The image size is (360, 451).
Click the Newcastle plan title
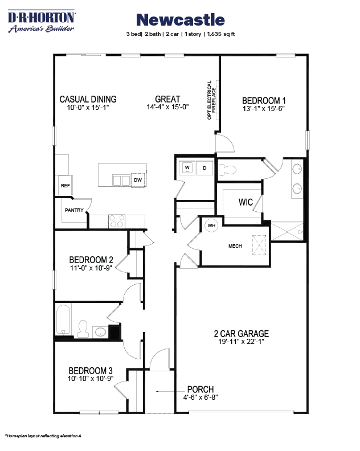(181, 20)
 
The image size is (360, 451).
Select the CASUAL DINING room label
(88, 99)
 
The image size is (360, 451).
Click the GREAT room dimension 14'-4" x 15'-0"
(167, 106)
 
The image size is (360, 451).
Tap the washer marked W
(187, 167)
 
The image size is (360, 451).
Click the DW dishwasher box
(137, 180)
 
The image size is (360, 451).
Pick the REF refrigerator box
(64, 186)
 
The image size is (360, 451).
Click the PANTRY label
(74, 210)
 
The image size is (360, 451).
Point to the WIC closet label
(246, 202)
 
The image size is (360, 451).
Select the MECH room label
(236, 247)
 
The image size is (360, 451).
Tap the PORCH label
(199, 390)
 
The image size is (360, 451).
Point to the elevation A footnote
(43, 436)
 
